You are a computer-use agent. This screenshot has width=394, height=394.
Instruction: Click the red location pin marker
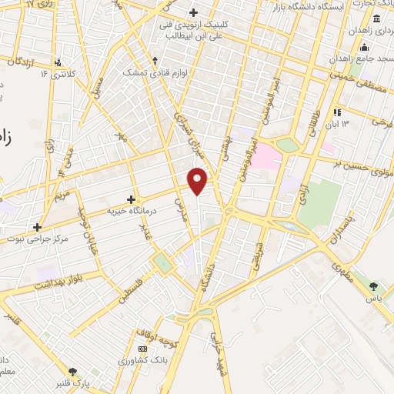pyautogui.click(x=198, y=180)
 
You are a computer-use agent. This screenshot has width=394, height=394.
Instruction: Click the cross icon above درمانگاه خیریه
pyautogui.click(x=132, y=199)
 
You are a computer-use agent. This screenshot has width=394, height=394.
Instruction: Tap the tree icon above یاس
pyautogui.click(x=374, y=285)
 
